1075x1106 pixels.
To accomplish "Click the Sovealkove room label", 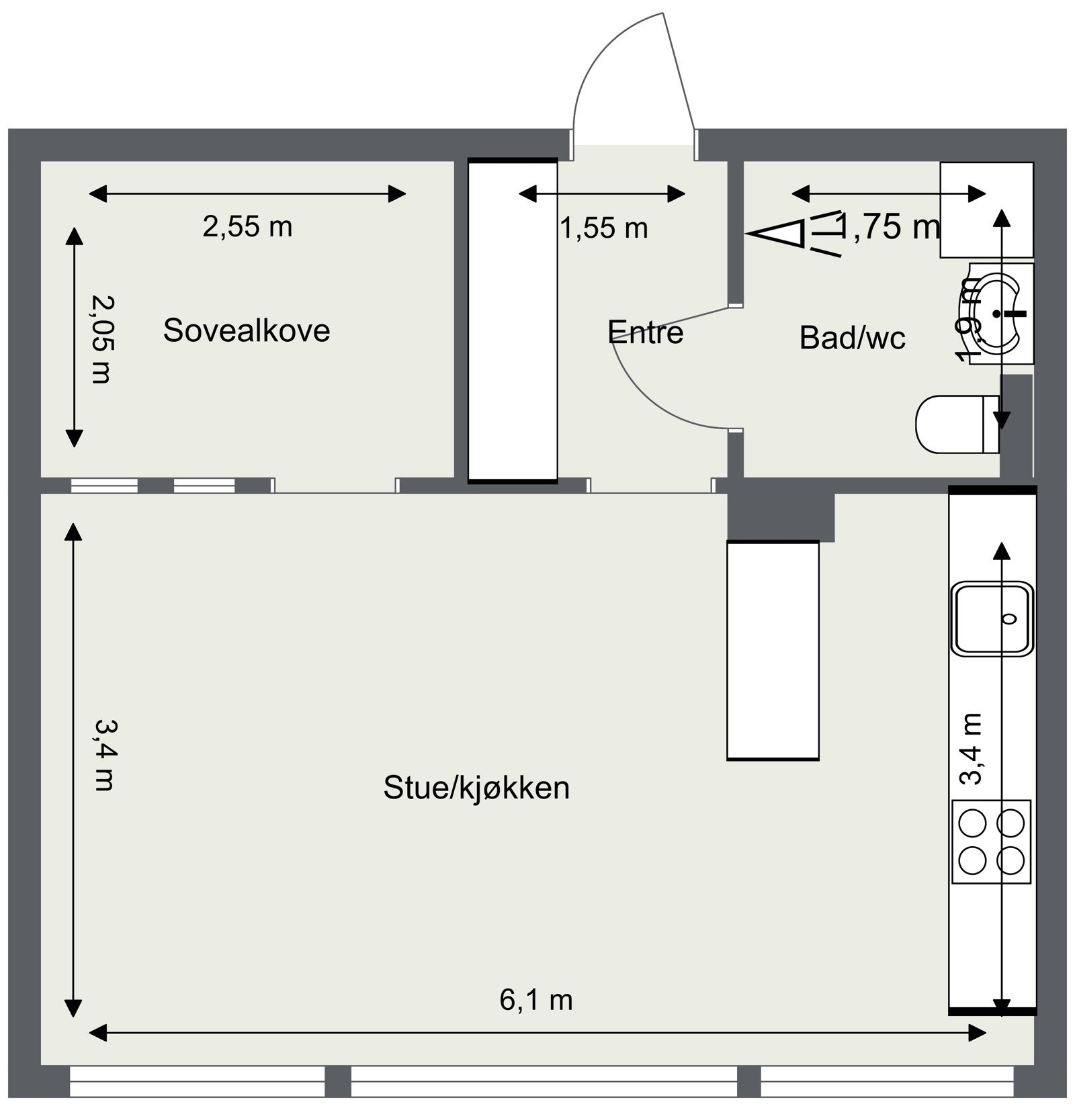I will [247, 330].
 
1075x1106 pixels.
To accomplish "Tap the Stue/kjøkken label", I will [476, 787].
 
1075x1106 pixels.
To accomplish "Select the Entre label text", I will [645, 332].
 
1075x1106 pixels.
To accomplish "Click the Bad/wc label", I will [852, 338].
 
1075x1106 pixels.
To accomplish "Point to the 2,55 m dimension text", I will [247, 227].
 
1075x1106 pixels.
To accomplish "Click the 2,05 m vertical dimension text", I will [101, 339].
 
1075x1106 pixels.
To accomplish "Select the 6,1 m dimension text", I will [535, 1000].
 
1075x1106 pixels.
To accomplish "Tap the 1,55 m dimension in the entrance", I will [603, 228].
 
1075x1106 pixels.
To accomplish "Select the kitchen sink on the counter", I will [991, 618].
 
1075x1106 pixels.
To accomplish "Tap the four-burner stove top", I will [991, 841].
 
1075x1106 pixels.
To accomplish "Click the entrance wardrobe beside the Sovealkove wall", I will [513, 321].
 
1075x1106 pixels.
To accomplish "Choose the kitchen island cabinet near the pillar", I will [773, 650].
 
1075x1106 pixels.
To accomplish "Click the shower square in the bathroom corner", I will [986, 210].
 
